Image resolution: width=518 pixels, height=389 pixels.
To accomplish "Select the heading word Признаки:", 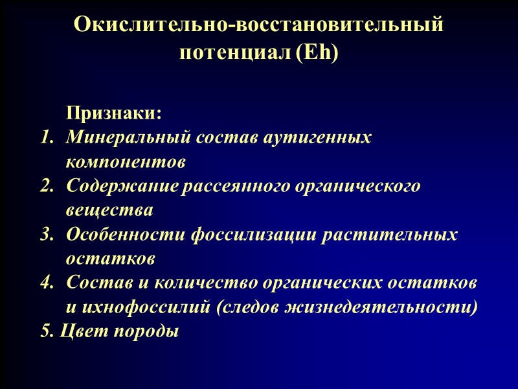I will pos(113,113).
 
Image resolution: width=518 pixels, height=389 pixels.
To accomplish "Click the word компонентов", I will pos(125,162).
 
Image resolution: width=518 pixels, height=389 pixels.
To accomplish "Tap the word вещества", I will pos(109,211).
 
